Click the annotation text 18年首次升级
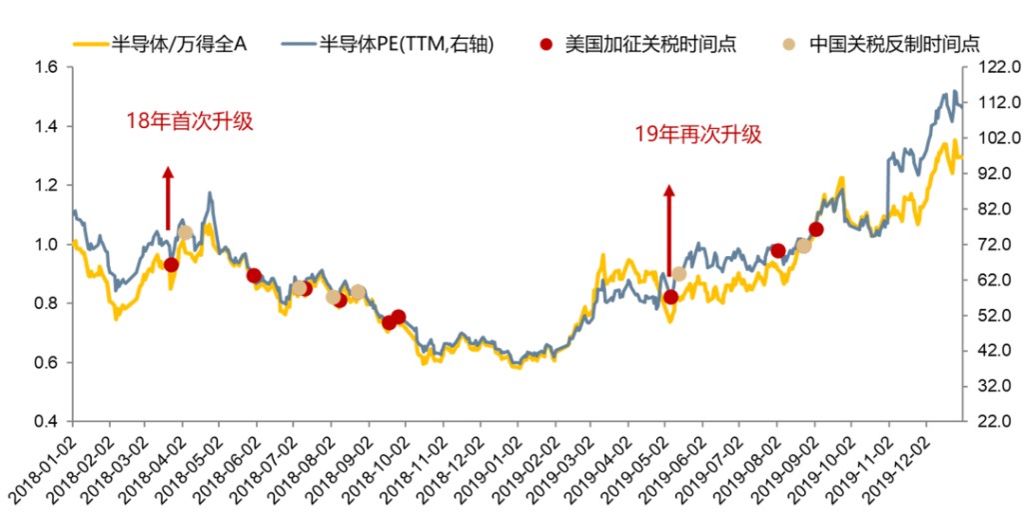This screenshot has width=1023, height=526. [x=189, y=121]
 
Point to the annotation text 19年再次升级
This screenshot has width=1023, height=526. [x=698, y=134]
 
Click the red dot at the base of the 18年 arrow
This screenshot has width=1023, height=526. [x=171, y=265]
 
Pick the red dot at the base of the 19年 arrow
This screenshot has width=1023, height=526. [x=670, y=297]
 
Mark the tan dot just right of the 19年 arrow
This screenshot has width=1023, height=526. [x=679, y=274]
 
